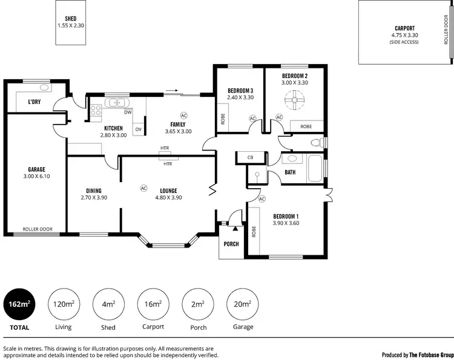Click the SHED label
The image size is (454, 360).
71,18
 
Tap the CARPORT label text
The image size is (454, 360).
404,28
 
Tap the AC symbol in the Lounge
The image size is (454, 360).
144,188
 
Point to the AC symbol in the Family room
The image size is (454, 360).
184,115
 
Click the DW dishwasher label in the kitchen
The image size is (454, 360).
128,113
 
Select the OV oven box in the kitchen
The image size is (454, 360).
139,129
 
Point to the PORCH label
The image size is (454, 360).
231,244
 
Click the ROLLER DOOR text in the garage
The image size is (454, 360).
38,230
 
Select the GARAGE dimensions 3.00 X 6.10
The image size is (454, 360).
36,177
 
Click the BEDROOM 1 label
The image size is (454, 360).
286,216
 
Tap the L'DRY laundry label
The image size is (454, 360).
35,102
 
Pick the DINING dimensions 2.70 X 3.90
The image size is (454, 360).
94,197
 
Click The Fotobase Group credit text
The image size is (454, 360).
418,355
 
